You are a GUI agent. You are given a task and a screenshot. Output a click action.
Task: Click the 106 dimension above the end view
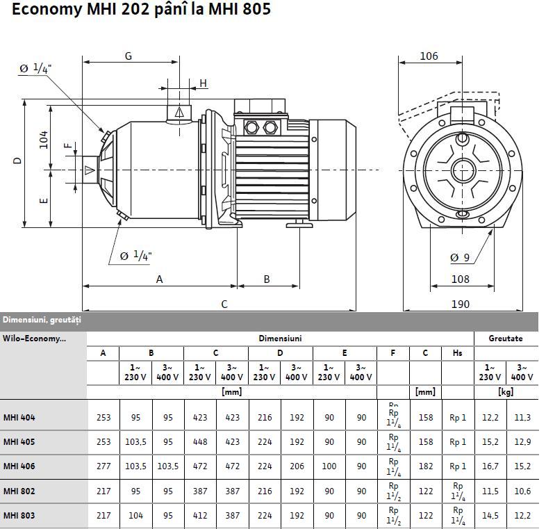tap(429, 56)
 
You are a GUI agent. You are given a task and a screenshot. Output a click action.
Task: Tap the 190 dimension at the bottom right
tap(460, 304)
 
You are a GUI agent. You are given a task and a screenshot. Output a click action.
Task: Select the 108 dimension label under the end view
tap(460, 279)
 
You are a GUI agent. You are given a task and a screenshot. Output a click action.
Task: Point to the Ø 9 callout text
tap(460, 258)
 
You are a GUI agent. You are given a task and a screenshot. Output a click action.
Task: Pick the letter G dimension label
tap(129, 56)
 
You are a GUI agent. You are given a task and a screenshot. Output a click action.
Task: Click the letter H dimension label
tap(204, 83)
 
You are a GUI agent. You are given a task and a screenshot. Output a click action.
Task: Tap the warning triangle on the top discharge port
tap(179, 111)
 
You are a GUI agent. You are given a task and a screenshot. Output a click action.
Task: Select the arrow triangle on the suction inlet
tap(90, 170)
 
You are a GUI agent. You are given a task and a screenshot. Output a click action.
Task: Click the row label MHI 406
tap(19, 466)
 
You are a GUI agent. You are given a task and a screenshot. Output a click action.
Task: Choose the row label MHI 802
tap(19, 491)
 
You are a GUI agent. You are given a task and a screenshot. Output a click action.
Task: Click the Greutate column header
tap(506, 339)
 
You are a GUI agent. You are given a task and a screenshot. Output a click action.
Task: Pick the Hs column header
tap(457, 353)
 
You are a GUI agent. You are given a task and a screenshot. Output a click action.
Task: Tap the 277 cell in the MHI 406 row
tap(104, 466)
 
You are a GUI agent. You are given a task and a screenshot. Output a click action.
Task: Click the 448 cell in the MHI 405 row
tap(199, 441)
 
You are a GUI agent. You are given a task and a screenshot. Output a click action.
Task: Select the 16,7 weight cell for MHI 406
tap(490, 466)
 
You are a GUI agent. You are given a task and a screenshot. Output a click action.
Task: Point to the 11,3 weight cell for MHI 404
tap(522, 418)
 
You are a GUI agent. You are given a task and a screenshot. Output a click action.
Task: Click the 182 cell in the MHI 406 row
tap(425, 466)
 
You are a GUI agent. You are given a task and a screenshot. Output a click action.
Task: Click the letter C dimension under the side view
tap(224, 304)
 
